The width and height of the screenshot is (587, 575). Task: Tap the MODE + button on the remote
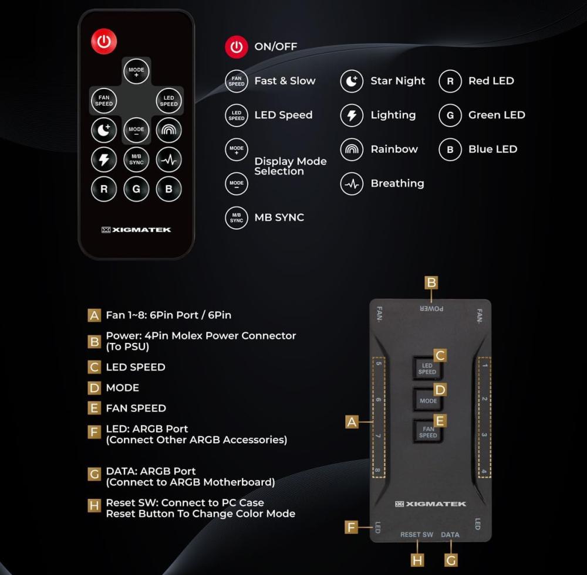(x=136, y=71)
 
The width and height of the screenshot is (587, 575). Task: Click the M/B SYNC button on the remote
(x=136, y=159)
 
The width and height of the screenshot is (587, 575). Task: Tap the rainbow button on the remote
(x=169, y=130)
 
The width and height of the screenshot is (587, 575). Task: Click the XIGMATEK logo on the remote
(x=136, y=230)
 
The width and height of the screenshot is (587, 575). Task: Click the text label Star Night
(x=397, y=81)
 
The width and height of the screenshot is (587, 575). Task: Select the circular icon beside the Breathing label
(x=352, y=183)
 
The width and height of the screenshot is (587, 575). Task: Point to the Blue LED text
(x=492, y=149)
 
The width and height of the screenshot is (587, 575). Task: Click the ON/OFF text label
(x=275, y=46)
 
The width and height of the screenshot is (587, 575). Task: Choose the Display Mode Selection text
(x=290, y=166)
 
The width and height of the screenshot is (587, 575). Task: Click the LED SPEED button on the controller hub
(x=427, y=369)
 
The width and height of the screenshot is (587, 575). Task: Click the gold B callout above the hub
(x=431, y=283)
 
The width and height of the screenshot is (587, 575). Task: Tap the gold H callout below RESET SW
(x=417, y=560)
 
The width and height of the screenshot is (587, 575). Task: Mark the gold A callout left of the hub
(x=352, y=421)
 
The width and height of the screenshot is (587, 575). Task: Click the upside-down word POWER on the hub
(x=431, y=309)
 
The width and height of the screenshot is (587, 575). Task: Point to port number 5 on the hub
(x=379, y=363)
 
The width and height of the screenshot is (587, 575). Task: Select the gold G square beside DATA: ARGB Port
(x=94, y=474)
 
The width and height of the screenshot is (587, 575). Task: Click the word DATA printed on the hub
(x=450, y=535)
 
